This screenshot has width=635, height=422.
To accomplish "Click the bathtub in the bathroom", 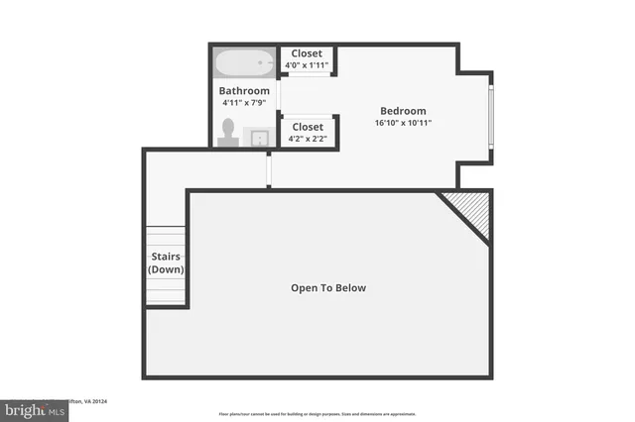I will click(x=244, y=63).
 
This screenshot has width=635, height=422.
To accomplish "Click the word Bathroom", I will click(x=243, y=91).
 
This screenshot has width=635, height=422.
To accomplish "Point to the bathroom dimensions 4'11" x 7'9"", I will click(x=243, y=102).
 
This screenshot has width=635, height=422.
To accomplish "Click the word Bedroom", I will click(x=403, y=111).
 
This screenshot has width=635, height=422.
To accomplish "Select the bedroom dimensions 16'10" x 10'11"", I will click(x=403, y=123).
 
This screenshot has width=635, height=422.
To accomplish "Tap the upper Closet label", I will click(x=307, y=53).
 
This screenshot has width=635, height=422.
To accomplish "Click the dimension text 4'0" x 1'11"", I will click(x=307, y=65).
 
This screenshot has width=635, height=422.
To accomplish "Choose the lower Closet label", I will click(x=307, y=127).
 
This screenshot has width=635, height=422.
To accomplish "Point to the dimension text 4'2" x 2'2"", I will click(x=307, y=139).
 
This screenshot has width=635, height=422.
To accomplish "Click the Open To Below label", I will click(x=328, y=288).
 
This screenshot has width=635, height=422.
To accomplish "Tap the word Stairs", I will click(x=166, y=257).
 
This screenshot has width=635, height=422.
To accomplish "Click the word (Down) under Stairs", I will click(x=166, y=269).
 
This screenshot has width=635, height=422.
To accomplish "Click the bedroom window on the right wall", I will click(x=490, y=117).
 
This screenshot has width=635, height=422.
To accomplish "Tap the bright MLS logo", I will click(x=30, y=408).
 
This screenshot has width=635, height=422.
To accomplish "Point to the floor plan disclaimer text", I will click(x=317, y=414).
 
